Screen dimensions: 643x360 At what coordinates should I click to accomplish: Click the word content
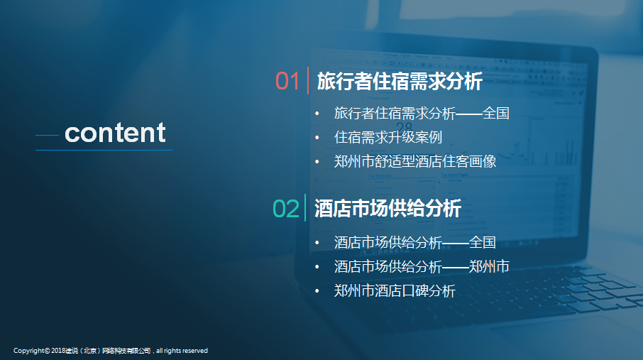pos(115,133)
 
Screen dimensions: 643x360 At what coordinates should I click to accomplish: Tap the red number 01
pos(287,81)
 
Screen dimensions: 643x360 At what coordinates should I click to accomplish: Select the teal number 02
pos(286,209)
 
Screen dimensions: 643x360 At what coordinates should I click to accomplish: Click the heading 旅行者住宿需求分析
pos(400,81)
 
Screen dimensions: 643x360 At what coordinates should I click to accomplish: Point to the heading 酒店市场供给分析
pos(388,209)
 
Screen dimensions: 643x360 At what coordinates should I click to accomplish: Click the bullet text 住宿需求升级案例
pos(388,138)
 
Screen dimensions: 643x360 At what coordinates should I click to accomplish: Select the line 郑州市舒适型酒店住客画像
pos(415,161)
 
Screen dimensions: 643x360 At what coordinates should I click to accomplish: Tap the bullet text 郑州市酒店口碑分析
pos(395,291)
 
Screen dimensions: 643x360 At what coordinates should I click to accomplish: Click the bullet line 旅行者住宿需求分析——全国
pos(422,114)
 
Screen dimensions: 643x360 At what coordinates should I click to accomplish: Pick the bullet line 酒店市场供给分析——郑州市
pos(422,267)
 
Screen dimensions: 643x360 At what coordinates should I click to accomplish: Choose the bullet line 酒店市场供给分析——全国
pos(415,243)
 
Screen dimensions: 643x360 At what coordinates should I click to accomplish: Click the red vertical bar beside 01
pos(308,80)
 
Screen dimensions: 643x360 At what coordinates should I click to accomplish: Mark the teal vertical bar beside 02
pos(305,208)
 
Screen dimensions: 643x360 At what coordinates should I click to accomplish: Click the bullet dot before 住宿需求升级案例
pos(317,138)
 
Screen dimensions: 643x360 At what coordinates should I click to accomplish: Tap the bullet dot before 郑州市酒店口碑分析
pos(317,291)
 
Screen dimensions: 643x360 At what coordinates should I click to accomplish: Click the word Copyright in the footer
pos(28,351)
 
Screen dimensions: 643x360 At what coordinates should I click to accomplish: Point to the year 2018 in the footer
pos(58,351)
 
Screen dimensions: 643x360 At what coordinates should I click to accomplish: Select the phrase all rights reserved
pos(182,351)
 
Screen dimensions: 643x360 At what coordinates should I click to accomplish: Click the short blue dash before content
pos(47,135)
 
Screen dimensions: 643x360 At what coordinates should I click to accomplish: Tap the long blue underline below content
pos(104,151)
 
